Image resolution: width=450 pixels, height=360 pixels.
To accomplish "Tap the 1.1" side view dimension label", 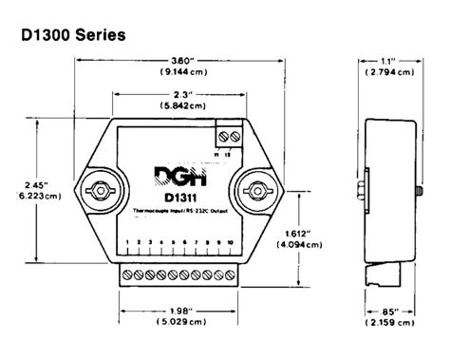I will [389, 59].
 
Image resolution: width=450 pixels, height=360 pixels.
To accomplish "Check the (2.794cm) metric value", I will [390, 71].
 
